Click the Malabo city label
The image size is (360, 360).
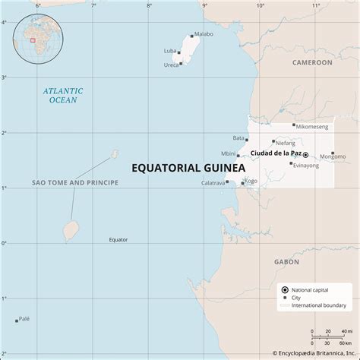point(204,34)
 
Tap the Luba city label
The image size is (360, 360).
point(170,51)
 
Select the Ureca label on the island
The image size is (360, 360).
point(171,65)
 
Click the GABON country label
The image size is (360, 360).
point(286,261)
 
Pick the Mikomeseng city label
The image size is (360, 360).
point(312,126)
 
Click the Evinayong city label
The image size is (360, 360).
point(306,165)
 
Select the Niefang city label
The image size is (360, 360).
point(286,143)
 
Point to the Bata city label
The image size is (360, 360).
point(238,138)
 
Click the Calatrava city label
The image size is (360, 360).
point(212,183)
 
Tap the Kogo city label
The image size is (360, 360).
point(251,181)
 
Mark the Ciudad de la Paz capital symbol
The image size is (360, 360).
point(305,154)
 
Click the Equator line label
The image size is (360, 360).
point(118,240)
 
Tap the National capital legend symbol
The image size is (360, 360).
point(283,289)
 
